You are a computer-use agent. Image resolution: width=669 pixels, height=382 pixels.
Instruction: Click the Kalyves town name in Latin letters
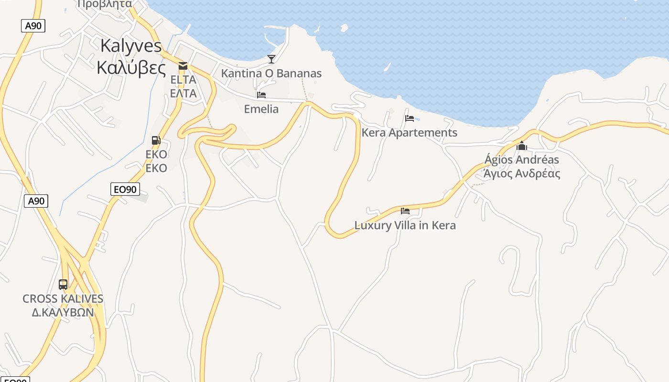pyautogui.click(x=131, y=46)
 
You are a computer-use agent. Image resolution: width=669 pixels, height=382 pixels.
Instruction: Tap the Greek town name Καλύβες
pyautogui.click(x=131, y=68)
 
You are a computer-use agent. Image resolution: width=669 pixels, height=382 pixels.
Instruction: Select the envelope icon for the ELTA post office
pyautogui.click(x=183, y=66)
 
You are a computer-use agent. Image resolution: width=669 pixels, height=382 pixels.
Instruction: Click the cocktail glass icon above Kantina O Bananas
pyautogui.click(x=271, y=59)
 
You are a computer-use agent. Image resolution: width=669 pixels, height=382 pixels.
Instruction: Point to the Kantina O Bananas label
pyautogui.click(x=271, y=74)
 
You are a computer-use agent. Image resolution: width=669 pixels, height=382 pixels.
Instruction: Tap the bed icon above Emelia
pyautogui.click(x=261, y=95)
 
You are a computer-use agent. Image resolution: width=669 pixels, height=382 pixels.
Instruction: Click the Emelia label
pyautogui.click(x=261, y=109)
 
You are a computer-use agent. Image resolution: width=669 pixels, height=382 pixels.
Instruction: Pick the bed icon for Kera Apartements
pyautogui.click(x=409, y=118)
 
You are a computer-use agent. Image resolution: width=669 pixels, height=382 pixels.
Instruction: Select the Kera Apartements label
pyautogui.click(x=410, y=133)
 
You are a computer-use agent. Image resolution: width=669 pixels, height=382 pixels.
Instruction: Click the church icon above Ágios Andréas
pyautogui.click(x=522, y=145)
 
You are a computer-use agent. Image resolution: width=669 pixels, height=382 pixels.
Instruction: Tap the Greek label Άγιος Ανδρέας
pyautogui.click(x=522, y=173)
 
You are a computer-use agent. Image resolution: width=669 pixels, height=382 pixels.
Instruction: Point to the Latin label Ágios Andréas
pyautogui.click(x=522, y=159)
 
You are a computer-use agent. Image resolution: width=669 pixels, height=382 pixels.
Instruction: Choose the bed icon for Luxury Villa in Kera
pyautogui.click(x=405, y=211)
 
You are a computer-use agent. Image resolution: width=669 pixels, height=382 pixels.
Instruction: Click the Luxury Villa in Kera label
pyautogui.click(x=405, y=225)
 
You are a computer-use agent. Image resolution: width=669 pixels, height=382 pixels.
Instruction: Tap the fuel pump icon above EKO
pyautogui.click(x=156, y=140)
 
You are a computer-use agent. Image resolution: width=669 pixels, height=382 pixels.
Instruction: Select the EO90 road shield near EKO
pyautogui.click(x=125, y=189)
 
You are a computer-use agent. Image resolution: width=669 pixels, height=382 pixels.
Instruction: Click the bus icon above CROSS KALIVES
pyautogui.click(x=63, y=285)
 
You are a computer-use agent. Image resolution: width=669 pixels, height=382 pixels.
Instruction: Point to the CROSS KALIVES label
pyautogui.click(x=63, y=299)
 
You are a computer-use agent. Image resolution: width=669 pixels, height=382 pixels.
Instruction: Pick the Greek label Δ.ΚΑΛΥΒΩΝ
pyautogui.click(x=62, y=313)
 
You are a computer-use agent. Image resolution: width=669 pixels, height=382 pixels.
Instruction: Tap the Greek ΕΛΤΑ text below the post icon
pyautogui.click(x=183, y=93)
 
